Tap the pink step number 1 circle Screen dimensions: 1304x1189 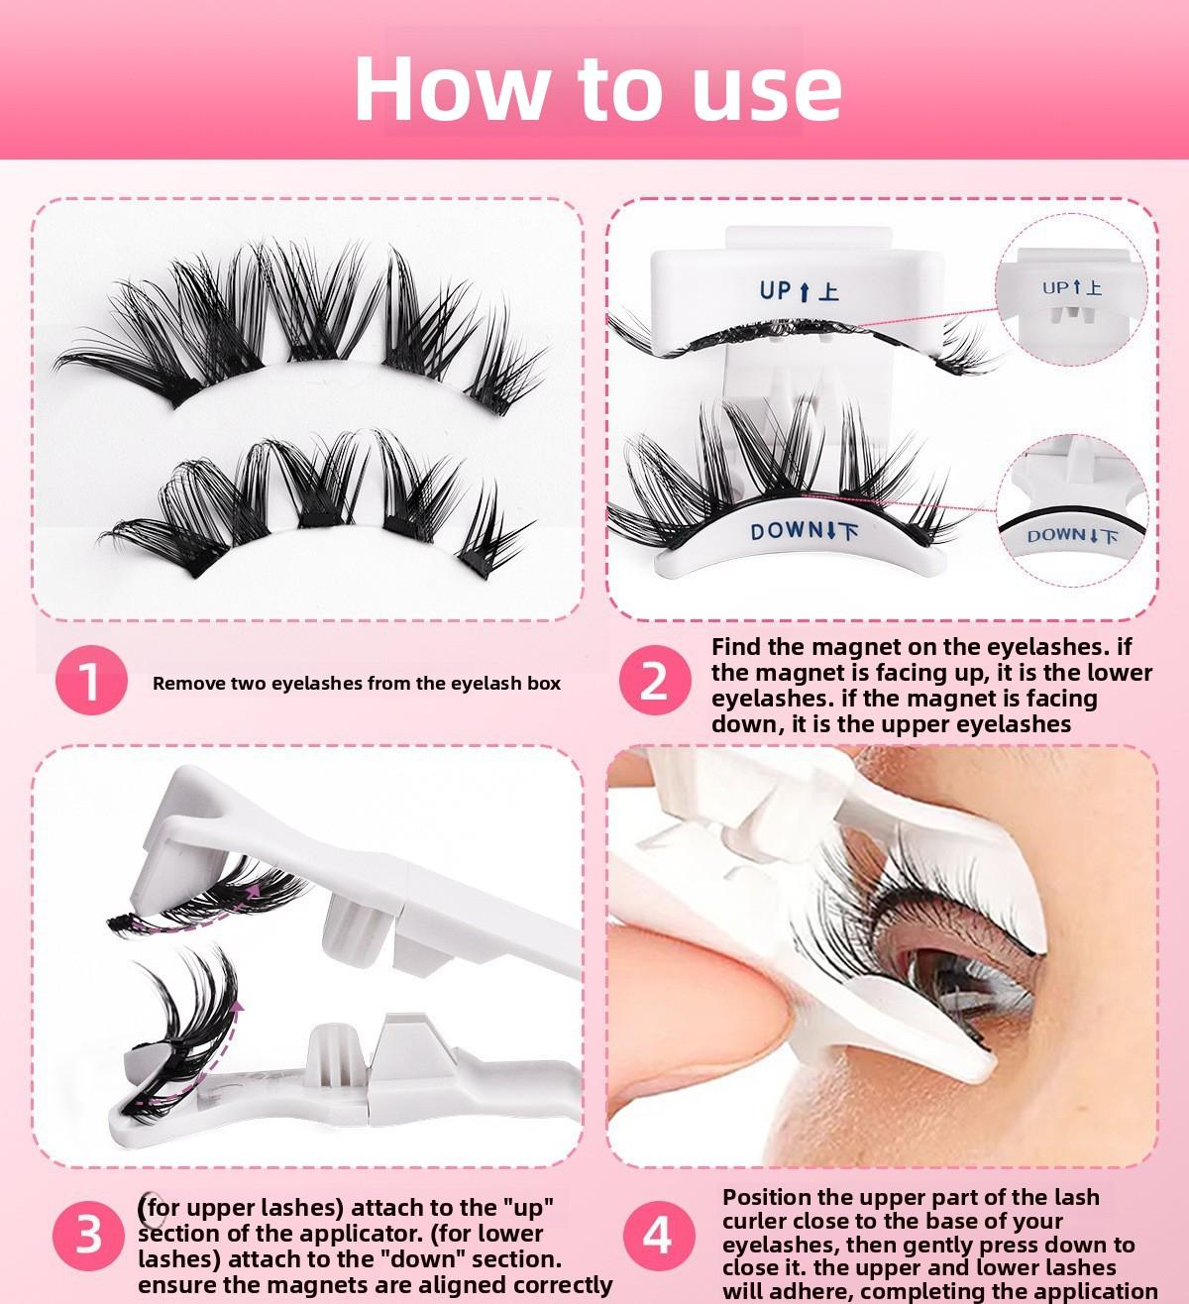click(x=91, y=682)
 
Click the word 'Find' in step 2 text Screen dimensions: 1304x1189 click(x=735, y=647)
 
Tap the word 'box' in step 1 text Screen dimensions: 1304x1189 click(x=544, y=683)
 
